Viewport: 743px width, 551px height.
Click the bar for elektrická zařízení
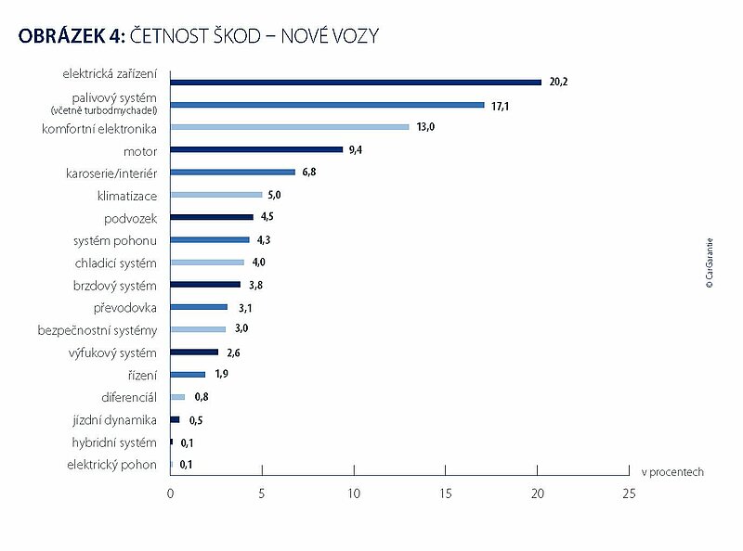tap(356, 83)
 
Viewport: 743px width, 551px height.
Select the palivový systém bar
tap(328, 105)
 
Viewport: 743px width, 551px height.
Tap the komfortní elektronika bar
tap(290, 127)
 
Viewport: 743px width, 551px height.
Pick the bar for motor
tap(257, 149)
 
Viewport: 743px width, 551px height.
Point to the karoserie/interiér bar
tap(233, 172)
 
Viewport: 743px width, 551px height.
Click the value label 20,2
tap(559, 83)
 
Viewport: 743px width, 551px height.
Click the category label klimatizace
tap(127, 196)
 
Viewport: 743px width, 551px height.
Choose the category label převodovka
tap(125, 307)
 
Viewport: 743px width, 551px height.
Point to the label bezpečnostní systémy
tap(98, 330)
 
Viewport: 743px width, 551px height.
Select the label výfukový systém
tap(112, 352)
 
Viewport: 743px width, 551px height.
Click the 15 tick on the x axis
tap(446, 494)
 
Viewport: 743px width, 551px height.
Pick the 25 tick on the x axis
tap(629, 494)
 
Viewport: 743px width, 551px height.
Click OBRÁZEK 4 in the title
tap(64, 35)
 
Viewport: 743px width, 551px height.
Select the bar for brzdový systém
tap(205, 285)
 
